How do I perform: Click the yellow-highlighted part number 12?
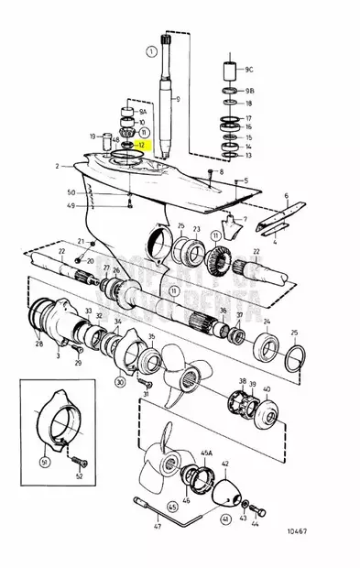pos(141,145)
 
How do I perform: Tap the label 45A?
pos(206,453)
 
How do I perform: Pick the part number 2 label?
pos(57,166)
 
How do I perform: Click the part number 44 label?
pos(256,524)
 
